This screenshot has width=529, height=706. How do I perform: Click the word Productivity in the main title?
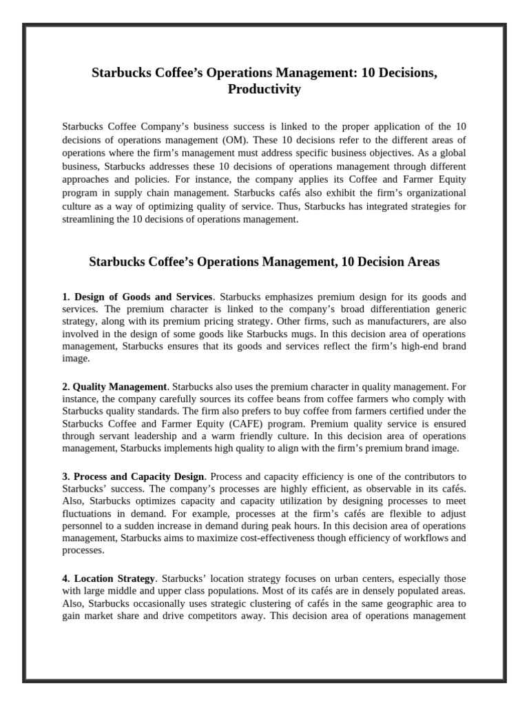tap(264, 89)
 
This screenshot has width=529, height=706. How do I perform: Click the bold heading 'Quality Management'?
tap(119, 387)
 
